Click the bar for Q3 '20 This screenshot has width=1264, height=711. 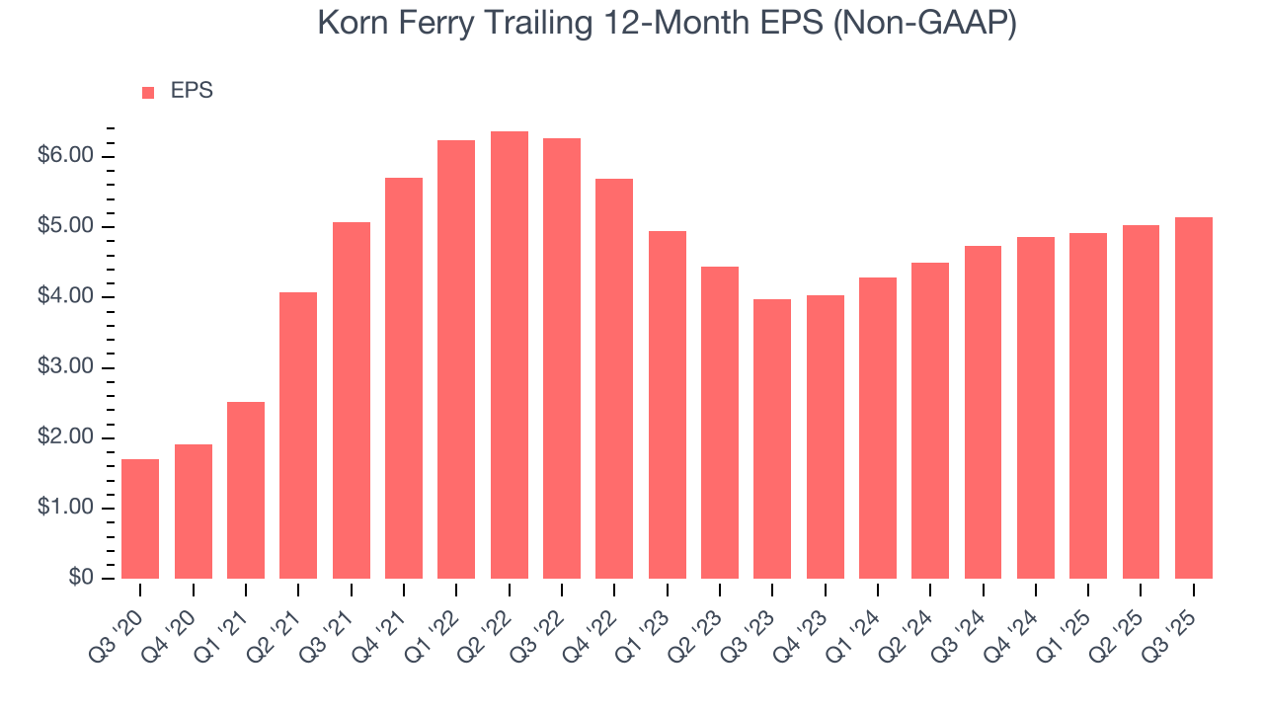click(x=140, y=518)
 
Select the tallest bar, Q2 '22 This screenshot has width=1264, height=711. click(x=510, y=355)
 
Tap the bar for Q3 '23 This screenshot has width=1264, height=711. click(x=772, y=438)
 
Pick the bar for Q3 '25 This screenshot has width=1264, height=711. click(x=1194, y=398)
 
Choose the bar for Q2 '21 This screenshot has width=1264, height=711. click(x=298, y=435)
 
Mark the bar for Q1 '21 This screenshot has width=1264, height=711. click(x=246, y=490)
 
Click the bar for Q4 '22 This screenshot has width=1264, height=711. click(x=614, y=378)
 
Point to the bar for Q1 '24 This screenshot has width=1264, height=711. click(x=878, y=428)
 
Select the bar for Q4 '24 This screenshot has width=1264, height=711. click(x=1036, y=408)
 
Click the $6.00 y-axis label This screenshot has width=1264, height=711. click(x=65, y=157)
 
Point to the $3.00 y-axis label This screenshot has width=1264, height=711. click(x=65, y=367)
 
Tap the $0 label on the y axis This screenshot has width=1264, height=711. click(x=81, y=579)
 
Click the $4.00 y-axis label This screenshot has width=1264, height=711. click(x=65, y=297)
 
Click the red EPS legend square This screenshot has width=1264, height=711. click(x=148, y=92)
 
